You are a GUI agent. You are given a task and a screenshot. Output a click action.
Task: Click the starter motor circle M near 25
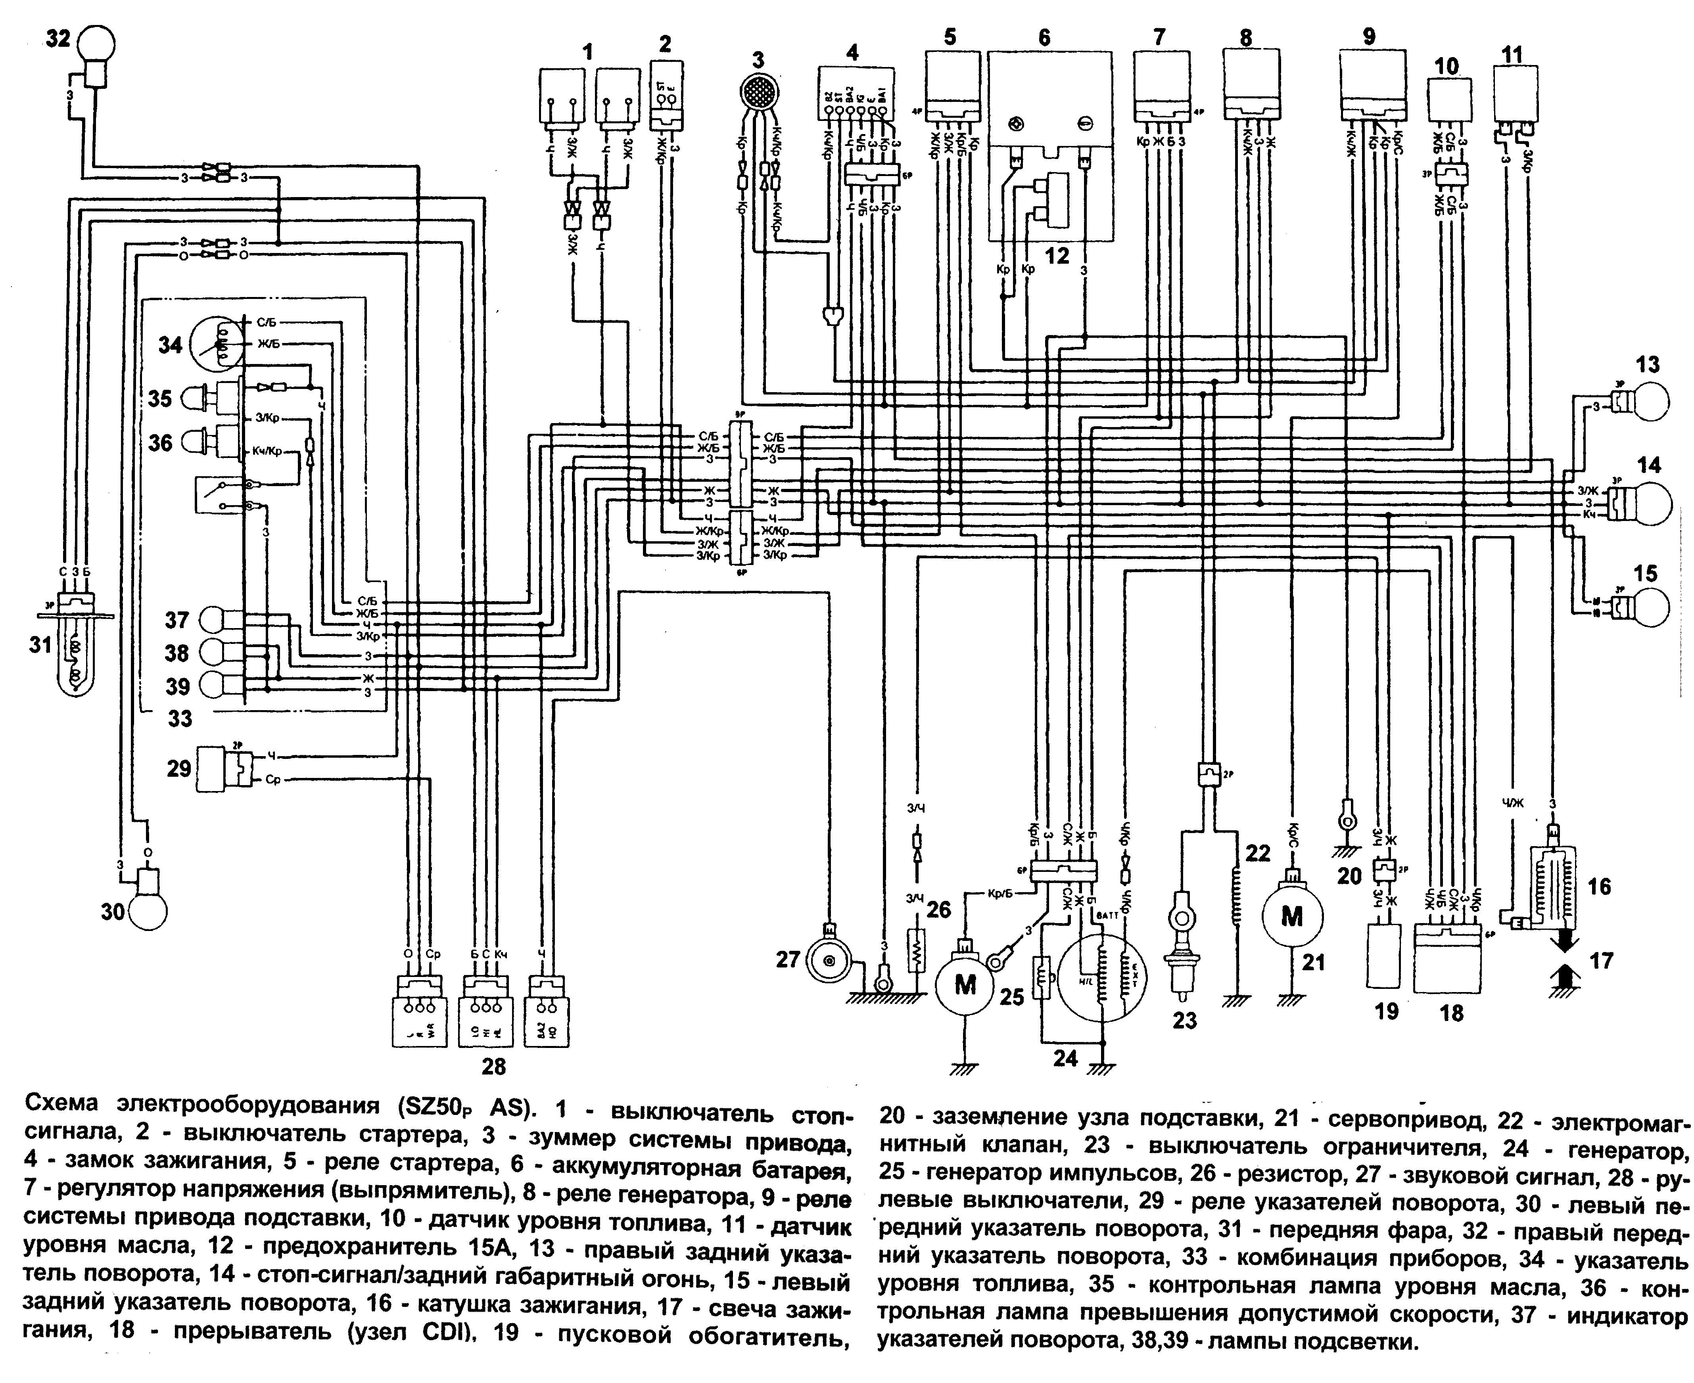pos(965,985)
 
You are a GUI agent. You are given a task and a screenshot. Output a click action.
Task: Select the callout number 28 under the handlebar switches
pos(493,1066)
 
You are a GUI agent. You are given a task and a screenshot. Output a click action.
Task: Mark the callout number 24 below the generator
pos(1065,1059)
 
